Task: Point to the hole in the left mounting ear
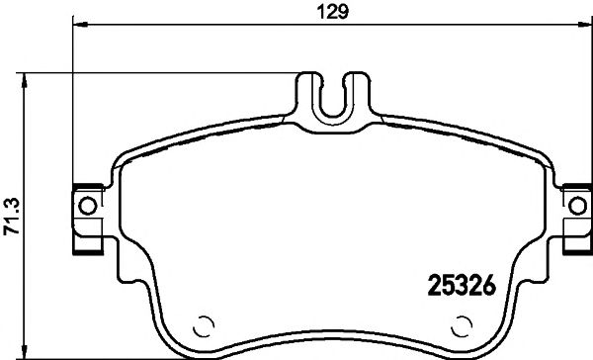point(86,208)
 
